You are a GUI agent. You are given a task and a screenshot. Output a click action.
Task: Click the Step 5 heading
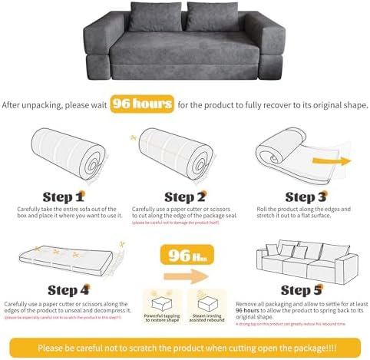[x=305, y=289]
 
